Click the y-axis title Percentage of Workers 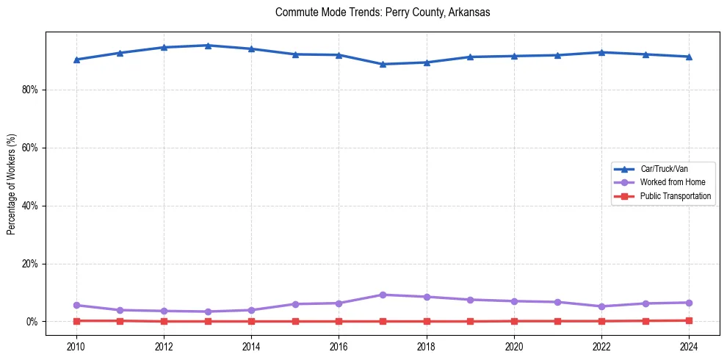point(12,184)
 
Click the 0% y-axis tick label point(31,322)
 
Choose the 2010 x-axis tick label point(76,346)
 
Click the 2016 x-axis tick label point(339,346)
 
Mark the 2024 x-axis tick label point(689,346)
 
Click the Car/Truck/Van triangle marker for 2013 point(208,46)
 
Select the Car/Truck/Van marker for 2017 point(383,64)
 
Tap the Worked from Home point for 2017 point(383,295)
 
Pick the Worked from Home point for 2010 point(76,305)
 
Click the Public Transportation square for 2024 point(689,320)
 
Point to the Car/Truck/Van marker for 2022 point(601,52)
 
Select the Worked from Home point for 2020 point(514,301)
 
